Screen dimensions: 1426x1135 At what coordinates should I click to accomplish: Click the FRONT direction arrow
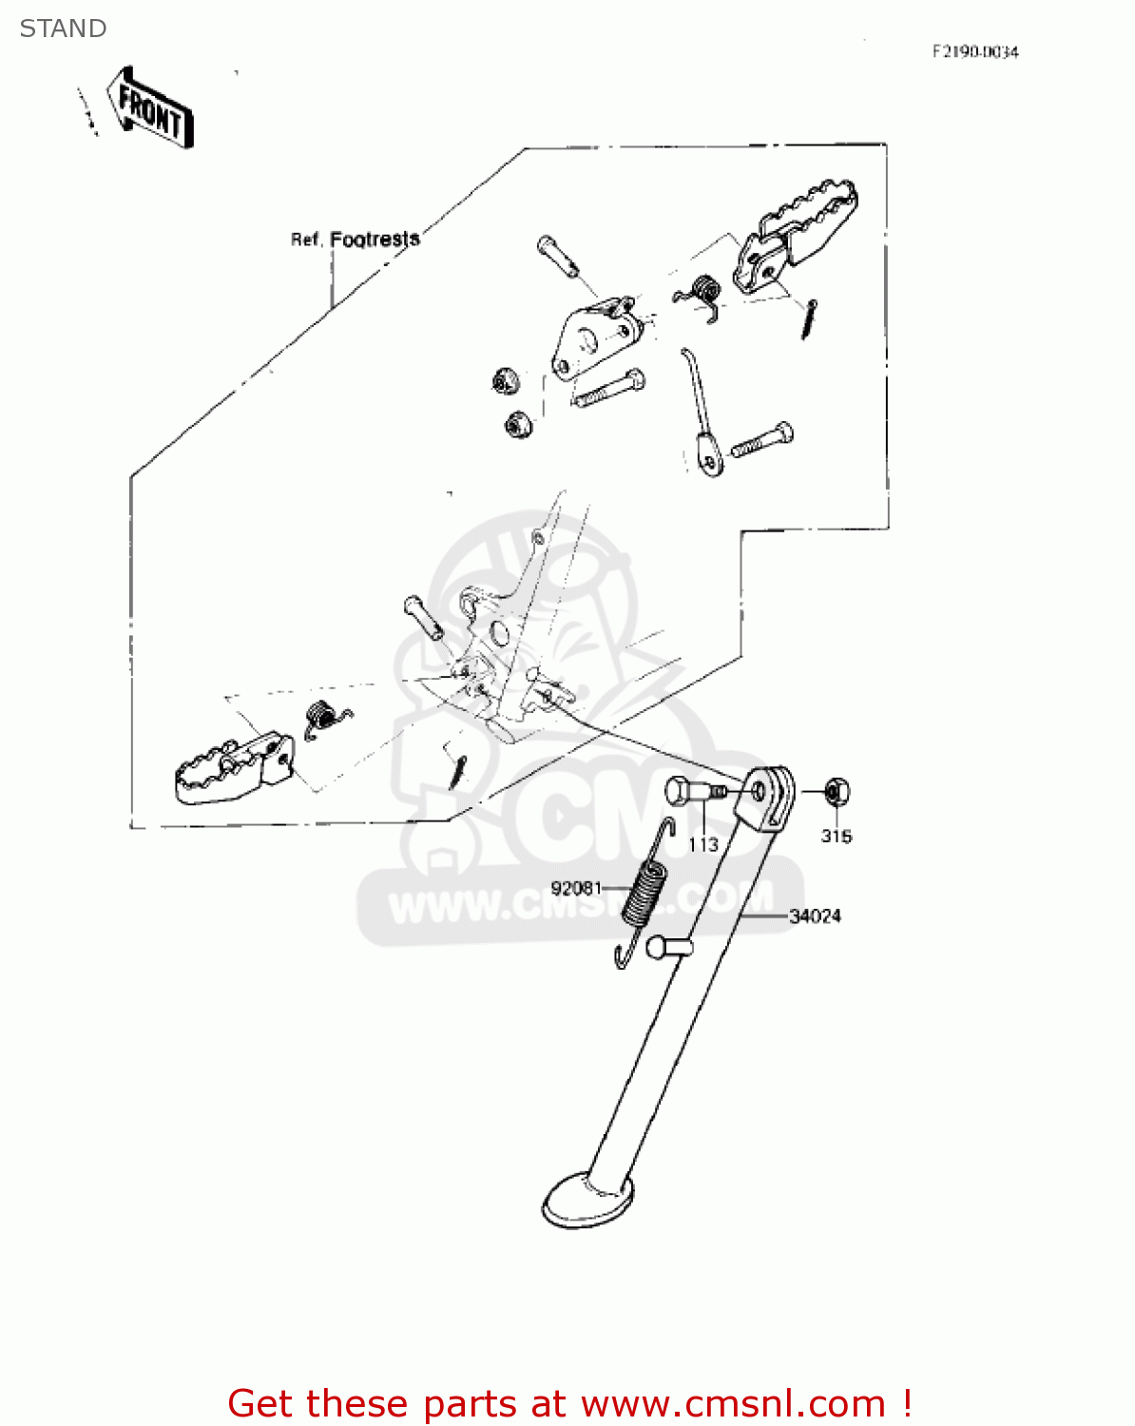150,106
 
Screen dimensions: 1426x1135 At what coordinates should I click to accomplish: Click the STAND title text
63,29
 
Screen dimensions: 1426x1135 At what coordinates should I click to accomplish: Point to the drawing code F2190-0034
974,52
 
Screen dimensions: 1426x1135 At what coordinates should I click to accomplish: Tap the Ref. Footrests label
355,240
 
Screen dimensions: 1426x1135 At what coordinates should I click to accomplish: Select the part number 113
702,844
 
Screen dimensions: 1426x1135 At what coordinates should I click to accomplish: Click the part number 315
837,837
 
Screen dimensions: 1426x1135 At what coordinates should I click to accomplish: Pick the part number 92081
576,888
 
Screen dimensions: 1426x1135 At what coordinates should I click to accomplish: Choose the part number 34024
816,916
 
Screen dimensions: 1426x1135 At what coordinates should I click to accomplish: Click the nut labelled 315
837,791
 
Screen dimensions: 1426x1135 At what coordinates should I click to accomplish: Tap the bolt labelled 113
691,791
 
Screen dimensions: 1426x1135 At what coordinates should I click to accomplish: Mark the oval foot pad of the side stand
587,1200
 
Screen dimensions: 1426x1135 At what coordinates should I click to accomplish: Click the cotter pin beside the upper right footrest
809,318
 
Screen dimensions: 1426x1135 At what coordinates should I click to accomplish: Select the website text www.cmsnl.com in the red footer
733,1403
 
